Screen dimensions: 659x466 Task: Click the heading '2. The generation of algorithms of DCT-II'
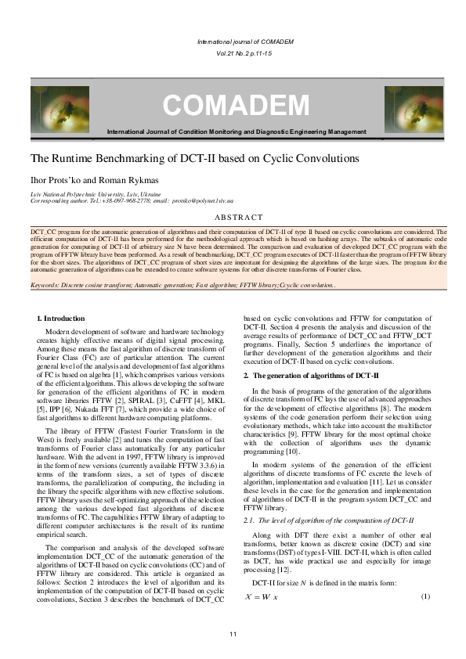311,376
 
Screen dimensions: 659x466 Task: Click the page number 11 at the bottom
233,633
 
